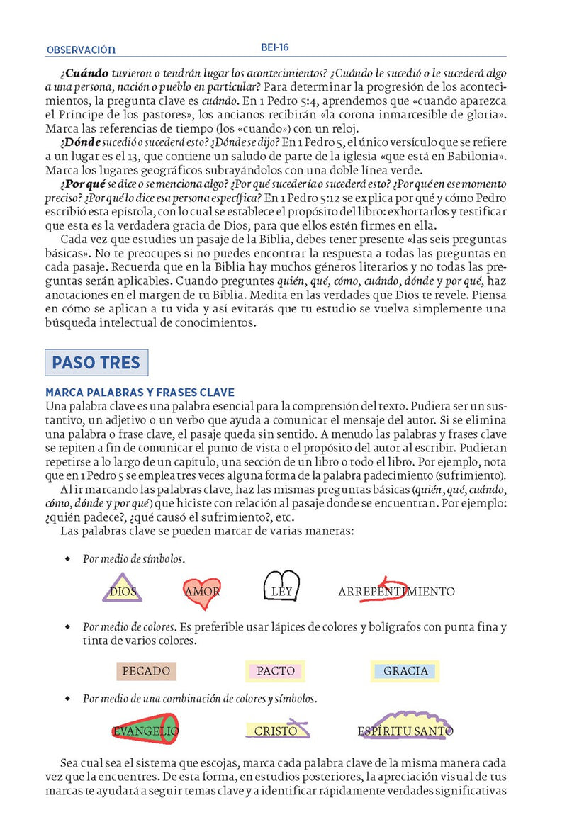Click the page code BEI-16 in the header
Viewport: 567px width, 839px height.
274,48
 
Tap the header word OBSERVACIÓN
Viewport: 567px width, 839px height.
80,50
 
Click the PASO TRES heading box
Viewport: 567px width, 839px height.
96,364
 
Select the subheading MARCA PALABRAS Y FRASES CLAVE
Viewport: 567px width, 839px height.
140,393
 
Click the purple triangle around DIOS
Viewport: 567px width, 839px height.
123,590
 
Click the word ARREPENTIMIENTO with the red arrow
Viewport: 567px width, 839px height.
396,591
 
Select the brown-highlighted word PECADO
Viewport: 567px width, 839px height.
146,670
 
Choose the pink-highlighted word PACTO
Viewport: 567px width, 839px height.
276,670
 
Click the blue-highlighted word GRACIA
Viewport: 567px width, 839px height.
405,670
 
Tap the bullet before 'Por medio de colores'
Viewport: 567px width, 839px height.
68,627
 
